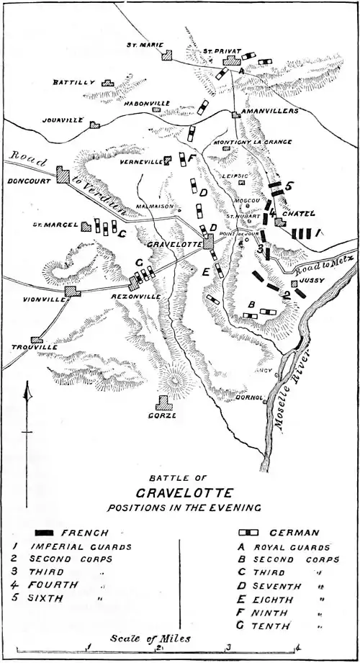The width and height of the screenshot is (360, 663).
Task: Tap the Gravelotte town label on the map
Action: (x=173, y=244)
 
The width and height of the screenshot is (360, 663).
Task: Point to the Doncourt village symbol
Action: (x=61, y=173)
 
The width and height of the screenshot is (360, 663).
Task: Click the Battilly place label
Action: (x=74, y=83)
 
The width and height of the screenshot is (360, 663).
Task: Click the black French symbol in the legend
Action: (x=45, y=533)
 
